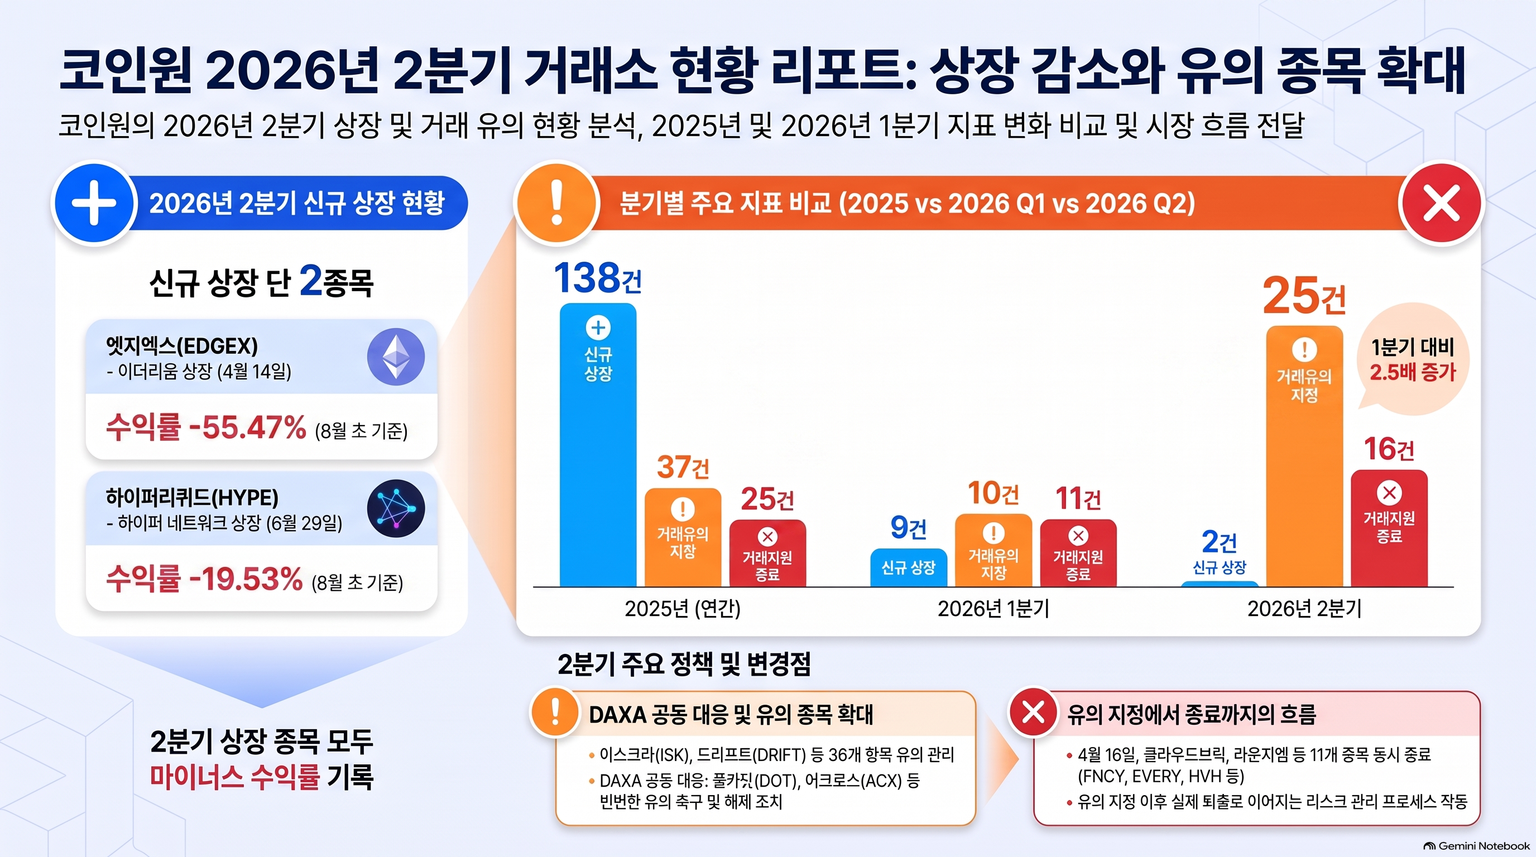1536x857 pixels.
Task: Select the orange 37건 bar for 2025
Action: click(683, 537)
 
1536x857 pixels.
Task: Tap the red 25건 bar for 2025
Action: click(767, 553)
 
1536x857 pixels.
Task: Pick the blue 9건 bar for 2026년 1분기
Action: click(908, 567)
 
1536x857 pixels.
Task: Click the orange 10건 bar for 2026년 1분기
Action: click(993, 551)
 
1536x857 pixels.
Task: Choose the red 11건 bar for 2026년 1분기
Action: click(1078, 553)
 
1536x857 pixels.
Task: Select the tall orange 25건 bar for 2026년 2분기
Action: click(1304, 456)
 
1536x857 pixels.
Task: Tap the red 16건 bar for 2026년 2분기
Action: click(1389, 528)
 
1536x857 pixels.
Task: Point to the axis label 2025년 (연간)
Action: click(682, 609)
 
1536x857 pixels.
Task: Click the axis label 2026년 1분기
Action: click(993, 609)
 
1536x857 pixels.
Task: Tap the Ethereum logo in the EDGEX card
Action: click(396, 357)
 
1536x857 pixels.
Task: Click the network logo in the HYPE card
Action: click(396, 508)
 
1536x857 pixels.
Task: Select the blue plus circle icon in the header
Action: click(94, 203)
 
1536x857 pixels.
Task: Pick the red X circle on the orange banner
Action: click(1441, 203)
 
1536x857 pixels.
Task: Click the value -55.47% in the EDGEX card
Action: click(247, 427)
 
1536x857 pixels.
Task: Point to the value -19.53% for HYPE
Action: click(245, 579)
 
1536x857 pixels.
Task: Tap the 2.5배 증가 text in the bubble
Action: click(1413, 372)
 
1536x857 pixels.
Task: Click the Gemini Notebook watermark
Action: click(1476, 846)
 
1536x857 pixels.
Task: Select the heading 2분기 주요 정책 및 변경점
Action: click(684, 664)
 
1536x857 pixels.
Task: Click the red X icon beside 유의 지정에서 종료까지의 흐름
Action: click(1033, 712)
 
